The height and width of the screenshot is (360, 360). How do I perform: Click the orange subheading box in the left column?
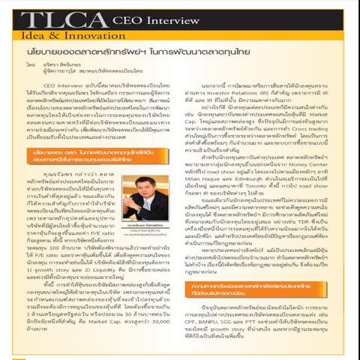[89, 158]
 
